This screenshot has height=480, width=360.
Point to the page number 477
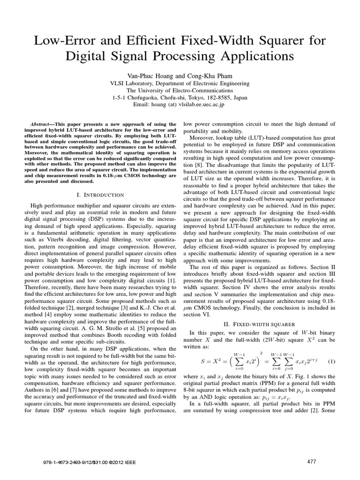click(x=312, y=462)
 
